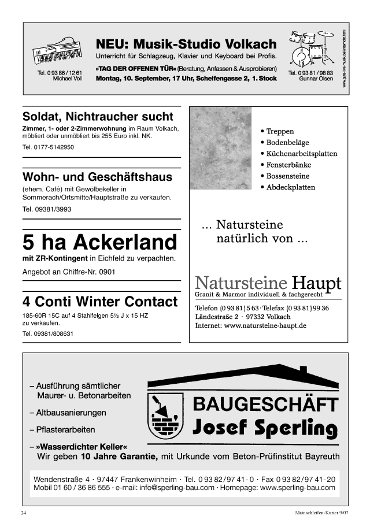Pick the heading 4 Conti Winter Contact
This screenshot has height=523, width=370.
[x=99, y=302]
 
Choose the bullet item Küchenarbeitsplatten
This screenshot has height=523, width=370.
[x=301, y=154]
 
